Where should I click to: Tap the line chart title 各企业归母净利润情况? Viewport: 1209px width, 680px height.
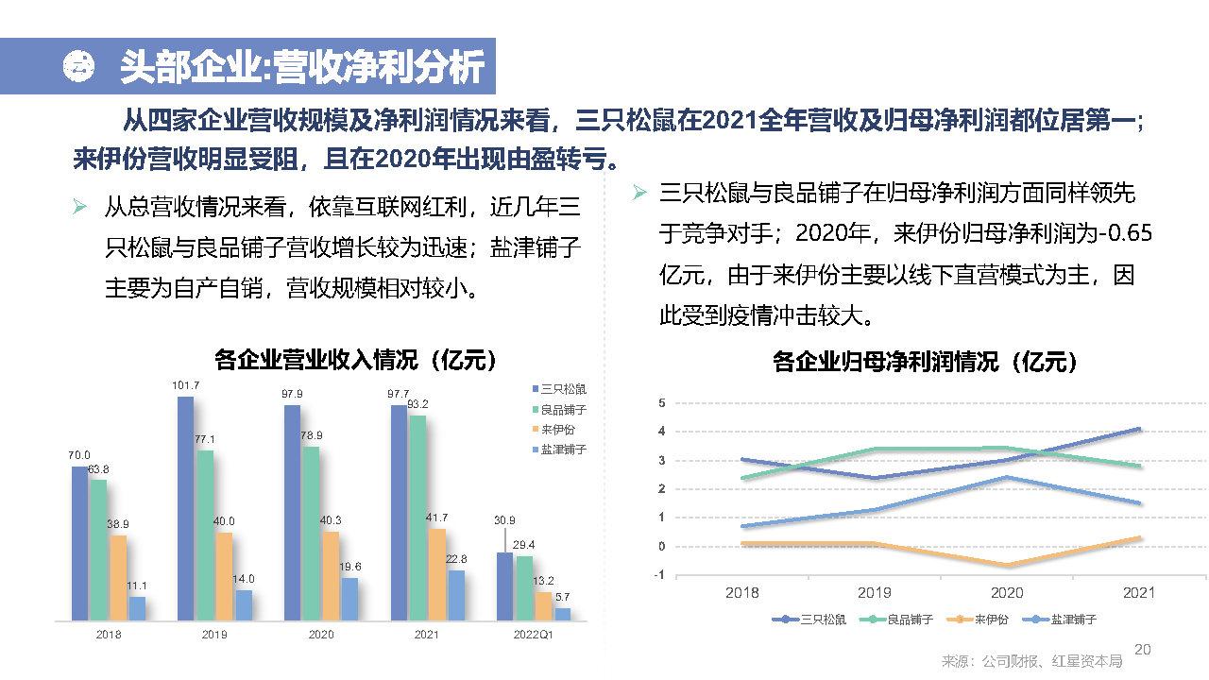click(x=925, y=362)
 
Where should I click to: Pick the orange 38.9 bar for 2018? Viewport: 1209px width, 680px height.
click(x=118, y=578)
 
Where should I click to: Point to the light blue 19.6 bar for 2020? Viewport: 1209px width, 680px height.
click(x=349, y=599)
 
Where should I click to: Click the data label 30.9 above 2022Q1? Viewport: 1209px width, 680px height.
click(x=504, y=520)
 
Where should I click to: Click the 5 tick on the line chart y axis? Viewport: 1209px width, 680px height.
click(x=661, y=403)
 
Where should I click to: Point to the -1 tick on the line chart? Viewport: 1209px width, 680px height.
click(x=659, y=575)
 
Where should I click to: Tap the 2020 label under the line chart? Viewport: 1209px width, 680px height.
click(x=1007, y=593)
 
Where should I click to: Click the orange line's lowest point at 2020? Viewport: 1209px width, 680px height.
click(x=1007, y=565)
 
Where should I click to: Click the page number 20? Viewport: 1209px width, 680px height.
click(x=1142, y=650)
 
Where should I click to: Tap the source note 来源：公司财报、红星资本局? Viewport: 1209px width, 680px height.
click(x=1032, y=660)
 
